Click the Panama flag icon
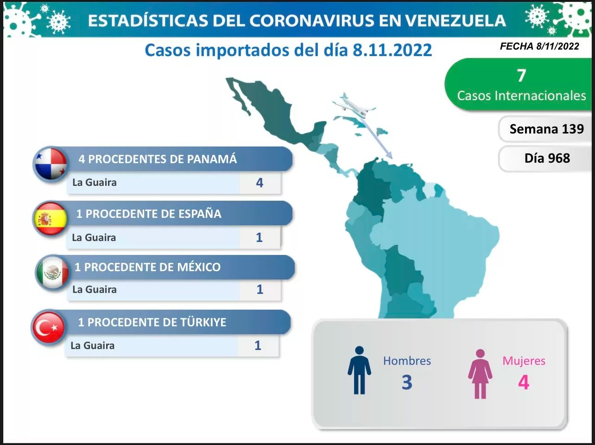coord(51,164)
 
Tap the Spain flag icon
coord(51,219)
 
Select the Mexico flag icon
coord(53,272)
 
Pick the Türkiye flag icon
coord(49,327)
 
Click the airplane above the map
coord(354,106)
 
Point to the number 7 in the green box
coord(521,75)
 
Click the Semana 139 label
coord(546,129)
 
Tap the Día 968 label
coord(547,158)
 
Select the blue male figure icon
coord(360,370)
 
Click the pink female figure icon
coord(480,374)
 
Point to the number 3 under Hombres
coord(407,382)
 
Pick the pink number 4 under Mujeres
coord(524,382)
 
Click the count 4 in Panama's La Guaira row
coord(260,183)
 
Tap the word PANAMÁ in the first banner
coord(212,159)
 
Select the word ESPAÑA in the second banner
coord(200,213)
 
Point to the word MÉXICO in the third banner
coord(199,267)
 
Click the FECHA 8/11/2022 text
coord(539,46)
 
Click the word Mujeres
coord(524,361)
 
